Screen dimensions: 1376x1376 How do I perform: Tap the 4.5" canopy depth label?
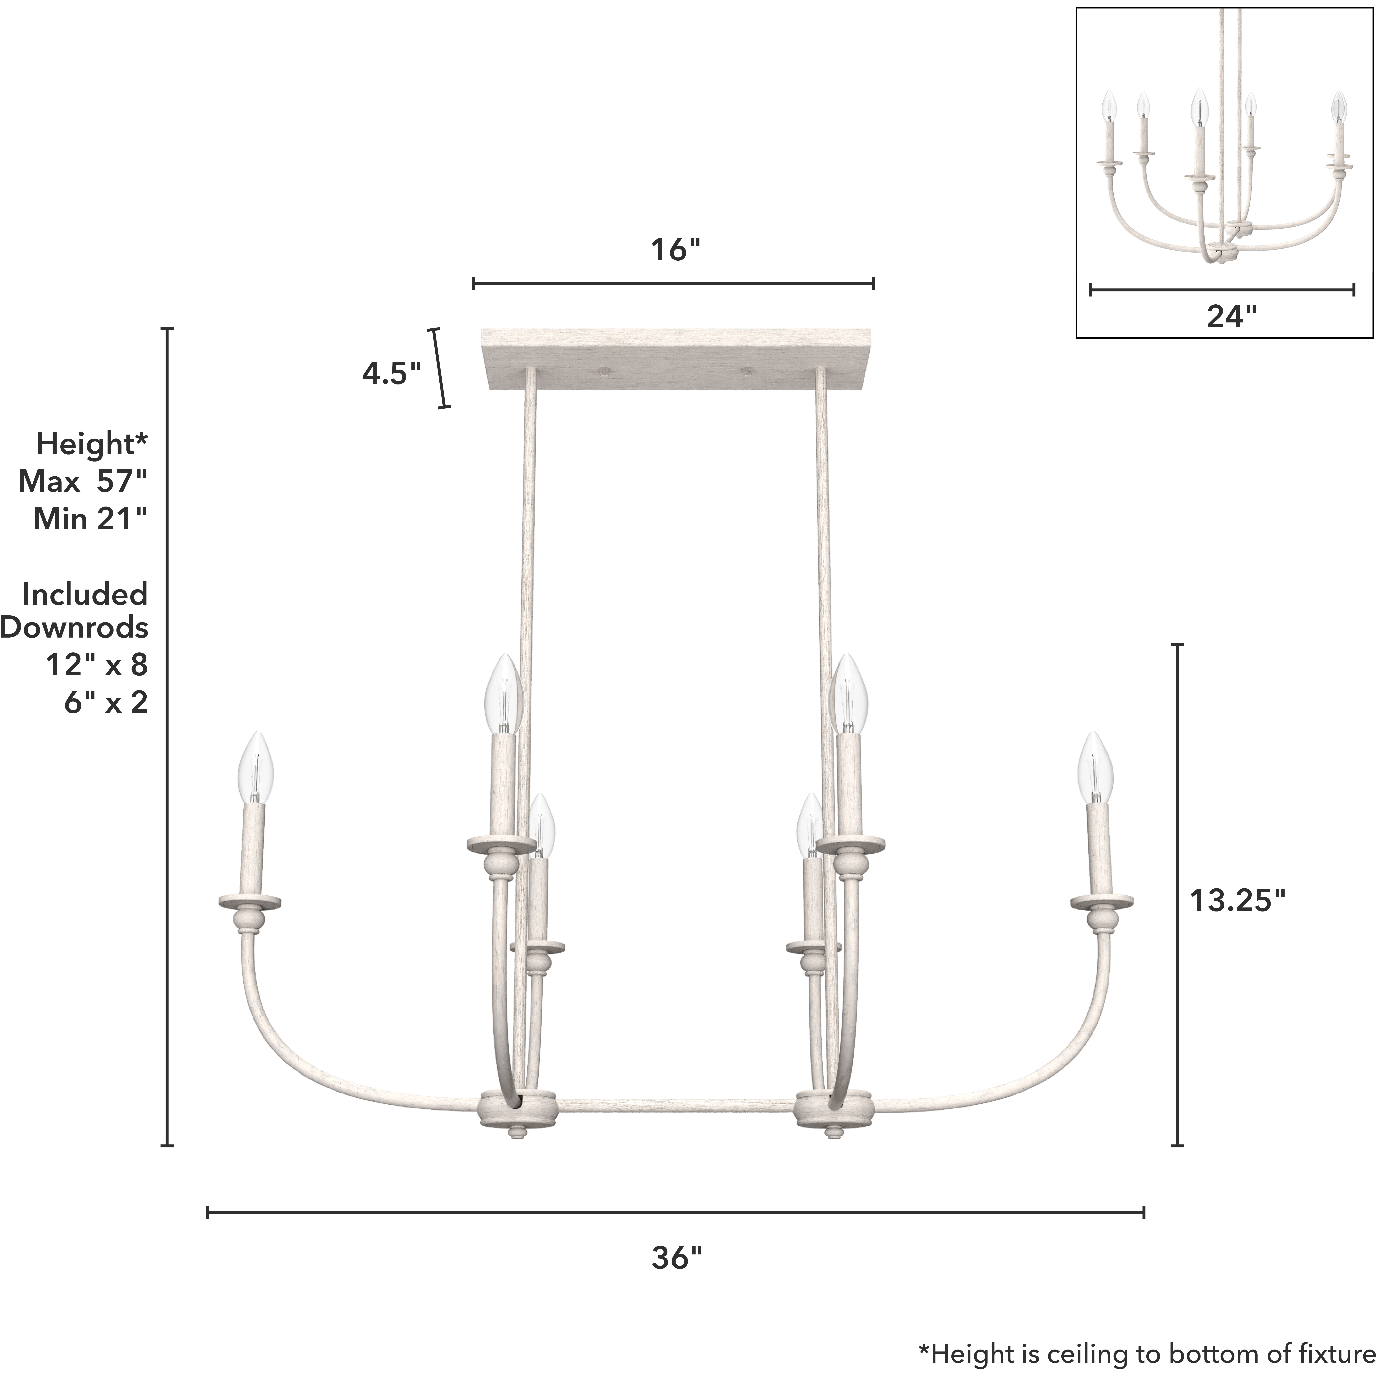[391, 373]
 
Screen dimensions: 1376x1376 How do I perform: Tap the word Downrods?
[74, 627]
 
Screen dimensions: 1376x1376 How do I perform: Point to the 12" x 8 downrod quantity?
[97, 665]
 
